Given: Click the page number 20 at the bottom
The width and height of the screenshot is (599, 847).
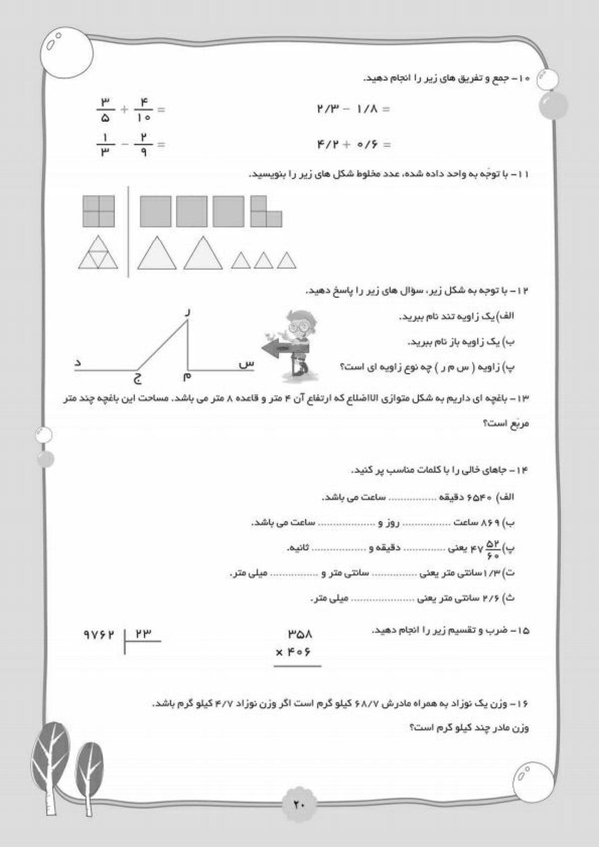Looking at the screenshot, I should click(299, 804).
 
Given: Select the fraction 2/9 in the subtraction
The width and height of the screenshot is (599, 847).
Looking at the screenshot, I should click(143, 144).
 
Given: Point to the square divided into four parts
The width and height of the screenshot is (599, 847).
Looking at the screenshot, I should click(99, 211).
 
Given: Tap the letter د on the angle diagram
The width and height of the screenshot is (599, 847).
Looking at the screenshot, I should click(77, 363).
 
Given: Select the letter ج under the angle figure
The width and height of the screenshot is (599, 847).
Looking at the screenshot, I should click(138, 378).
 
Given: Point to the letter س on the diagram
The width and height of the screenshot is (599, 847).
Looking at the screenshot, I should click(246, 364).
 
